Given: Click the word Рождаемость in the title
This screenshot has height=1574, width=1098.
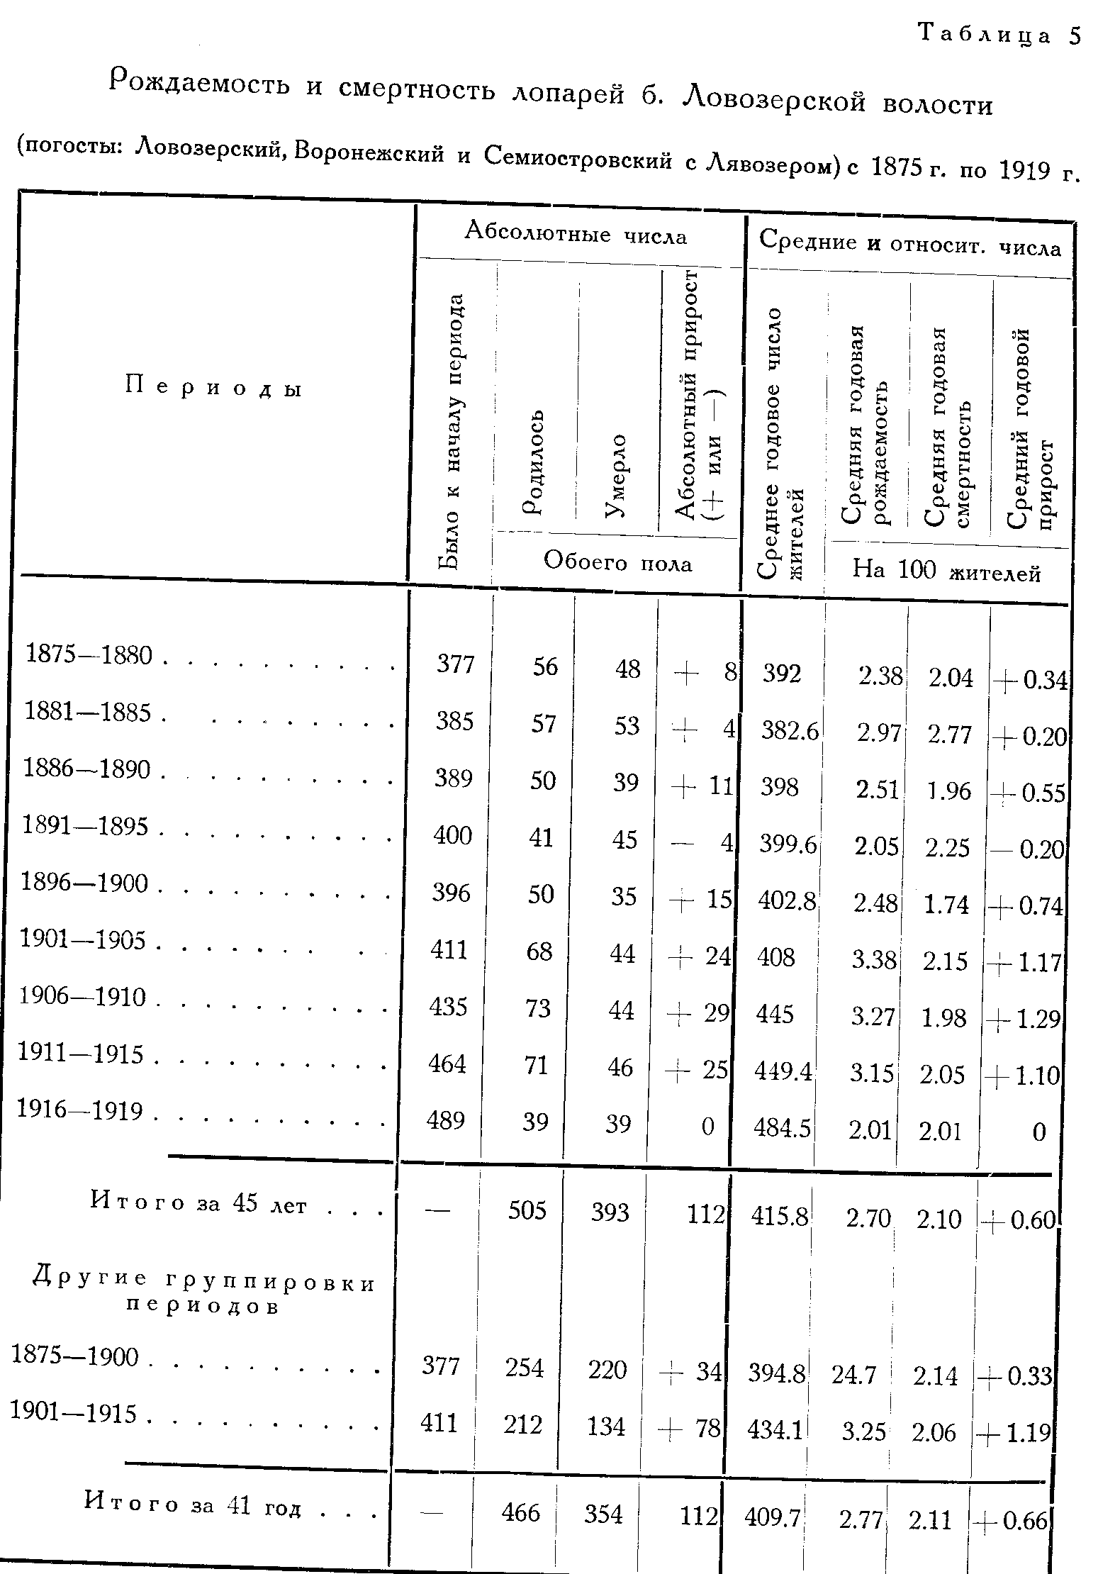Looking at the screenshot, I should click(x=201, y=83).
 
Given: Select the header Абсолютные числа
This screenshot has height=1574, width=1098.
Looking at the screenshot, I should click(x=576, y=233).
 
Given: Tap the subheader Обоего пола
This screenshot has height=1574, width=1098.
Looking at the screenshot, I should click(x=617, y=563).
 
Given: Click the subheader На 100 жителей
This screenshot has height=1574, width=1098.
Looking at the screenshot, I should click(x=946, y=571).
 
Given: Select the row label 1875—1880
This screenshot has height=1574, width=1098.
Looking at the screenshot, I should click(x=89, y=655).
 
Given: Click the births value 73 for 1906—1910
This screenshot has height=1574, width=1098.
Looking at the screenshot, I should click(x=538, y=1008).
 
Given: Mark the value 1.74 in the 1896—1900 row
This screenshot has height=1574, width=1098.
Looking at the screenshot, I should click(x=946, y=905).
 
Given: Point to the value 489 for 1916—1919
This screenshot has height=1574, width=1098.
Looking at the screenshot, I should click(x=445, y=1120).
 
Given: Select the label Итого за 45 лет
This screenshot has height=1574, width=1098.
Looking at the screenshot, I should click(x=198, y=1203).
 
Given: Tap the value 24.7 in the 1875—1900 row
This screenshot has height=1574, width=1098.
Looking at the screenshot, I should click(x=854, y=1375).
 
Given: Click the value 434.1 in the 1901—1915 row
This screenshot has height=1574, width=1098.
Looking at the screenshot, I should click(x=775, y=1431).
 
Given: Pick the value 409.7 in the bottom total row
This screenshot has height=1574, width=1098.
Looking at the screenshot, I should click(x=772, y=1517).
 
